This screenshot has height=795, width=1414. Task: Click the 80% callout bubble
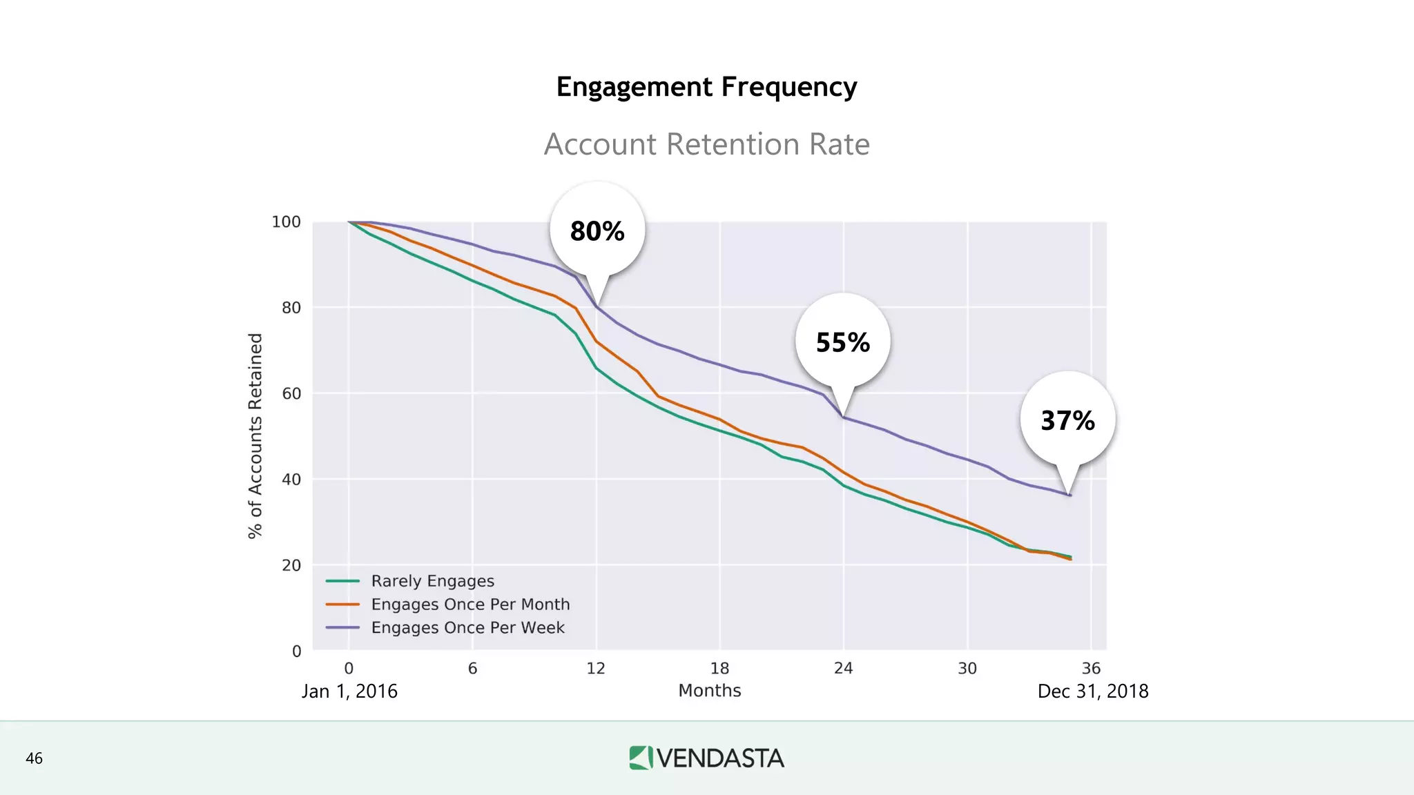tap(597, 231)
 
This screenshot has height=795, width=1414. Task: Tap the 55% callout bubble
tap(842, 342)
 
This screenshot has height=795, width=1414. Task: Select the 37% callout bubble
tap(1067, 420)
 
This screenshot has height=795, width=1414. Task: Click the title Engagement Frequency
tap(706, 87)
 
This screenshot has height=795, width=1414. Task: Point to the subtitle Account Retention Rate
tap(706, 144)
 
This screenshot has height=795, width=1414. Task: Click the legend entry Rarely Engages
tap(432, 581)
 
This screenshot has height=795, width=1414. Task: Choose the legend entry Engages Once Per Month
tap(470, 605)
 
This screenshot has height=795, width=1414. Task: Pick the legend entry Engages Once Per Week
tap(467, 628)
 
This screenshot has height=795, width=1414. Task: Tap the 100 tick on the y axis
tap(286, 222)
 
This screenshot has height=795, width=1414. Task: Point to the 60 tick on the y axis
tap(291, 393)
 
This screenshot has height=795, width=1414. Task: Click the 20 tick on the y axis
tap(291, 565)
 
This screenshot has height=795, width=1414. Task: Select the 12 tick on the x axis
tap(596, 668)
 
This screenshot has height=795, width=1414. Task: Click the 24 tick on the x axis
tap(843, 668)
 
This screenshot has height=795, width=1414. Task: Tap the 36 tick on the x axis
tap(1091, 668)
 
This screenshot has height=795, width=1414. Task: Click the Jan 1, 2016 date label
tap(349, 691)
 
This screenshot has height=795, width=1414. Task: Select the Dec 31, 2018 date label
tap(1092, 691)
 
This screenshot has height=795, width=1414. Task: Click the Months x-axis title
tap(710, 691)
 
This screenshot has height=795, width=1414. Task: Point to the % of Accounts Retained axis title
tap(255, 435)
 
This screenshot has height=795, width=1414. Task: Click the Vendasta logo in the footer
tap(706, 758)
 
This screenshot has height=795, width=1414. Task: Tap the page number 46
tap(34, 758)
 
